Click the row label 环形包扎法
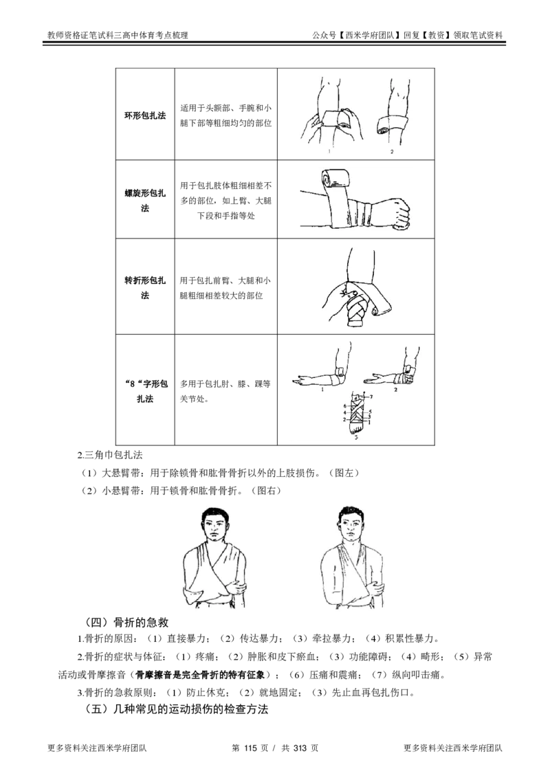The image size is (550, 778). pos(145,115)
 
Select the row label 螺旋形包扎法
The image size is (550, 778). pos(145,201)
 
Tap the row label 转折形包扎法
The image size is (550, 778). pos(145,288)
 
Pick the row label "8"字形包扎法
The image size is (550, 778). pos(145,391)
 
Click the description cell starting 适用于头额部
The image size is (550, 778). pos(226,115)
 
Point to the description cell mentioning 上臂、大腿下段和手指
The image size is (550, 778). pos(226,201)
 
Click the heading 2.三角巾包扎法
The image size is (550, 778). pos(110,454)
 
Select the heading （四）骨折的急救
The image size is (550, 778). pos(128,622)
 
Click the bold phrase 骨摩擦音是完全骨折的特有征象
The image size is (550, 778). pos(203,675)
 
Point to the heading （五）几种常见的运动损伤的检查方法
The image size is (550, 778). pos(177,709)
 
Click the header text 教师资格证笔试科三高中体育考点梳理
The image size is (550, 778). pos(118,35)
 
